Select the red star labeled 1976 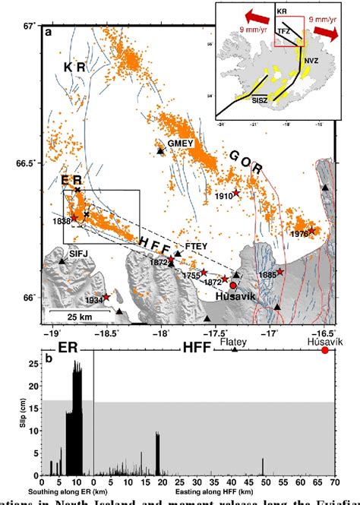pos(311,230)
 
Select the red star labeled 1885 pos(280,272)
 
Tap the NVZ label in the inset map pos(311,58)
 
